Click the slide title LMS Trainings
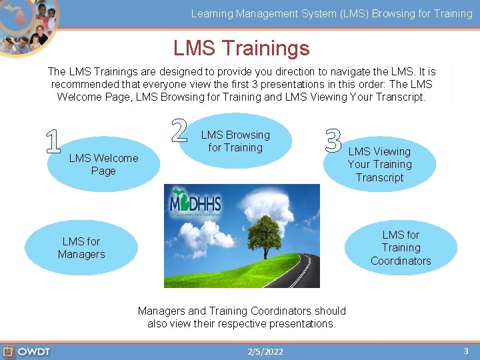click(241, 48)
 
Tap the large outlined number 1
click(54, 141)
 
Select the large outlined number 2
click(179, 130)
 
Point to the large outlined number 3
click(333, 139)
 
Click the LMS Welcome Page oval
click(103, 165)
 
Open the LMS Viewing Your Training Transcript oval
click(379, 165)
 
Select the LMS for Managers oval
click(81, 248)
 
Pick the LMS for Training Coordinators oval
click(401, 248)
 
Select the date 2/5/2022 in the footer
click(265, 352)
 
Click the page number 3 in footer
click(465, 351)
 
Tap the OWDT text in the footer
click(33, 351)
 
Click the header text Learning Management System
click(267, 13)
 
